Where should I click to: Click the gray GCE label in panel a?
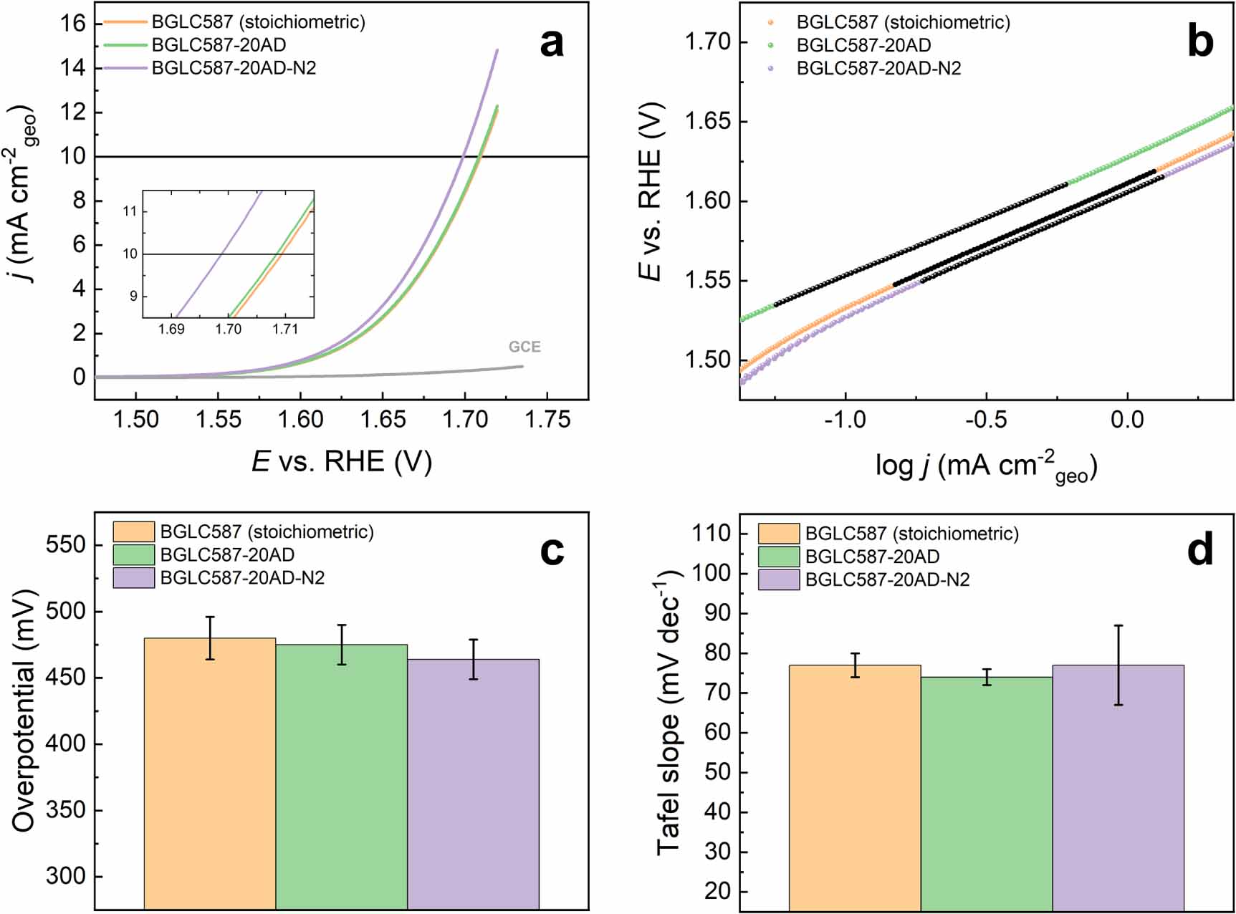[x=524, y=347]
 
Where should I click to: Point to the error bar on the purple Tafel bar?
[x=1118, y=665]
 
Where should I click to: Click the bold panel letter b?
[x=1200, y=42]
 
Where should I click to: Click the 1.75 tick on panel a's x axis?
[x=547, y=420]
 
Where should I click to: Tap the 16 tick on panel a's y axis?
[x=73, y=24]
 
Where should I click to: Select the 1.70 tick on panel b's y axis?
[x=706, y=42]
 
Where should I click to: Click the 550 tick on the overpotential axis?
[x=65, y=545]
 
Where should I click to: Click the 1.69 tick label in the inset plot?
[x=171, y=329]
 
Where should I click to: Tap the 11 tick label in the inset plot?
[x=130, y=211]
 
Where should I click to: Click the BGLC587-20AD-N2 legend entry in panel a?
[x=234, y=68]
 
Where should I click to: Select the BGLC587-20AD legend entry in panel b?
[x=863, y=45]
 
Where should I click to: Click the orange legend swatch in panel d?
[x=778, y=534]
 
